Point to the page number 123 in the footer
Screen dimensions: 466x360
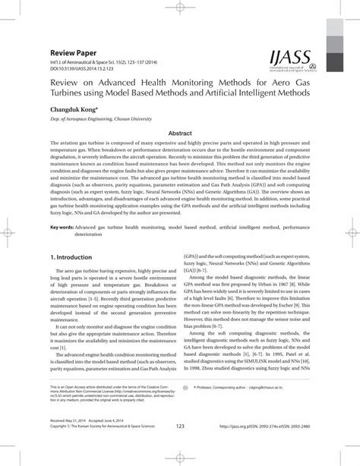180,446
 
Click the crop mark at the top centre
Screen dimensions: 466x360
180,6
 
